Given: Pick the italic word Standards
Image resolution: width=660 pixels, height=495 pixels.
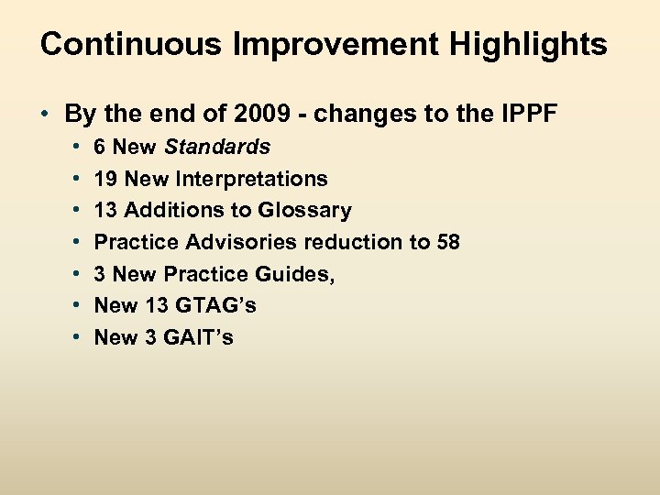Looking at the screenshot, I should coord(217,147).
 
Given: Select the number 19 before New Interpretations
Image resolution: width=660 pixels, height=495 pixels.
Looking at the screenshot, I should coord(106,179).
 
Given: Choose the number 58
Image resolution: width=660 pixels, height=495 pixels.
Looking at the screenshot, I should coord(447,242).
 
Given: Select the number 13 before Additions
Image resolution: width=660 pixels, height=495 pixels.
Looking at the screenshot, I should coord(106,210).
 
